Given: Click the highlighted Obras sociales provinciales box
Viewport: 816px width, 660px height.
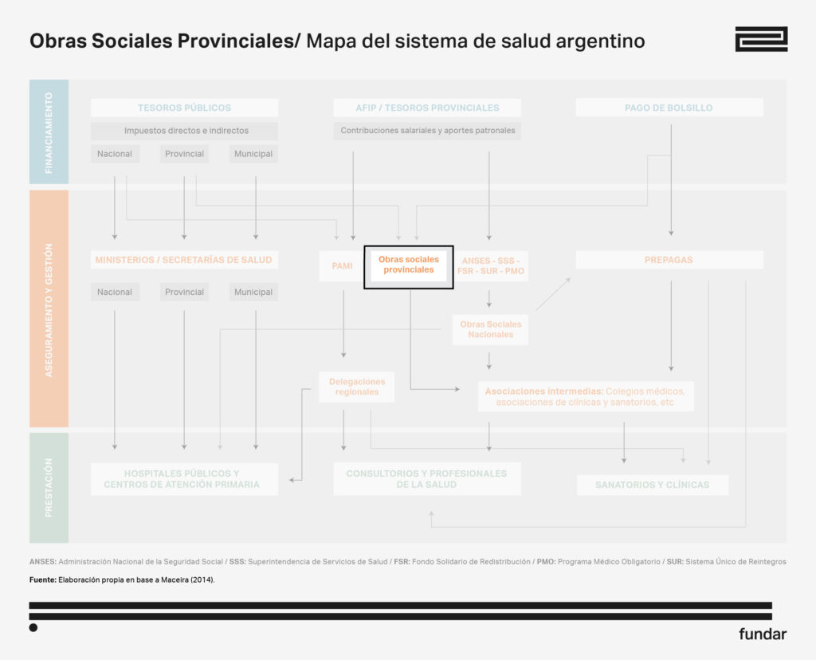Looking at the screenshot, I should click(x=408, y=265).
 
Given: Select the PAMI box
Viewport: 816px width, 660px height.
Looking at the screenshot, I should click(x=342, y=265).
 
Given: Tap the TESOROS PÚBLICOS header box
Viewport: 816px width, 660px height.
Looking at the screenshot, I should click(x=184, y=108).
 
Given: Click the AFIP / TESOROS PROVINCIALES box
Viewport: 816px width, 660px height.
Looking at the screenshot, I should click(x=427, y=108).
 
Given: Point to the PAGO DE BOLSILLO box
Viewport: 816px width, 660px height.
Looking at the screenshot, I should click(x=669, y=108).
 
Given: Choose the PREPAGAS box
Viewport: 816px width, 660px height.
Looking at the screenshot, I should click(x=669, y=260).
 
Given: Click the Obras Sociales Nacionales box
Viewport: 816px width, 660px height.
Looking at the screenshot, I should click(x=490, y=329).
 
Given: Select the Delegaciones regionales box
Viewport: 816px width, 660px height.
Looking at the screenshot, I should click(x=356, y=387).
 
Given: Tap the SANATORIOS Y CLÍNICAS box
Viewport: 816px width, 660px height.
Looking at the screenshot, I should click(x=652, y=485).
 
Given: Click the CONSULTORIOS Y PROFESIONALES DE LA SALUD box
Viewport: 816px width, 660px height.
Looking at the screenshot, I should click(x=426, y=479).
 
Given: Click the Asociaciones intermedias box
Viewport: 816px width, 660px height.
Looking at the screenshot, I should click(x=585, y=396).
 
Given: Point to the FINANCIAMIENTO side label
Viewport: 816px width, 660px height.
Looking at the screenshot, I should click(x=49, y=132).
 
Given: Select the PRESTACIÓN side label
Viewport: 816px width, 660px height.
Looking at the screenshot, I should click(x=49, y=487).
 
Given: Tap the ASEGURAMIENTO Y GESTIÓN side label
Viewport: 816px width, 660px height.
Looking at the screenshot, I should click(x=49, y=309).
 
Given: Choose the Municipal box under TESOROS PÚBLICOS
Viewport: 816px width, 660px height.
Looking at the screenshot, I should click(x=253, y=154).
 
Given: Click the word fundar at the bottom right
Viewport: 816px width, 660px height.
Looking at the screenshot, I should click(x=762, y=634).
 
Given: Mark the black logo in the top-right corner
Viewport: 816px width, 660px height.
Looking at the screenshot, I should click(x=760, y=39).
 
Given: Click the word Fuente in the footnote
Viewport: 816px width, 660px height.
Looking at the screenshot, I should click(x=42, y=579).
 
